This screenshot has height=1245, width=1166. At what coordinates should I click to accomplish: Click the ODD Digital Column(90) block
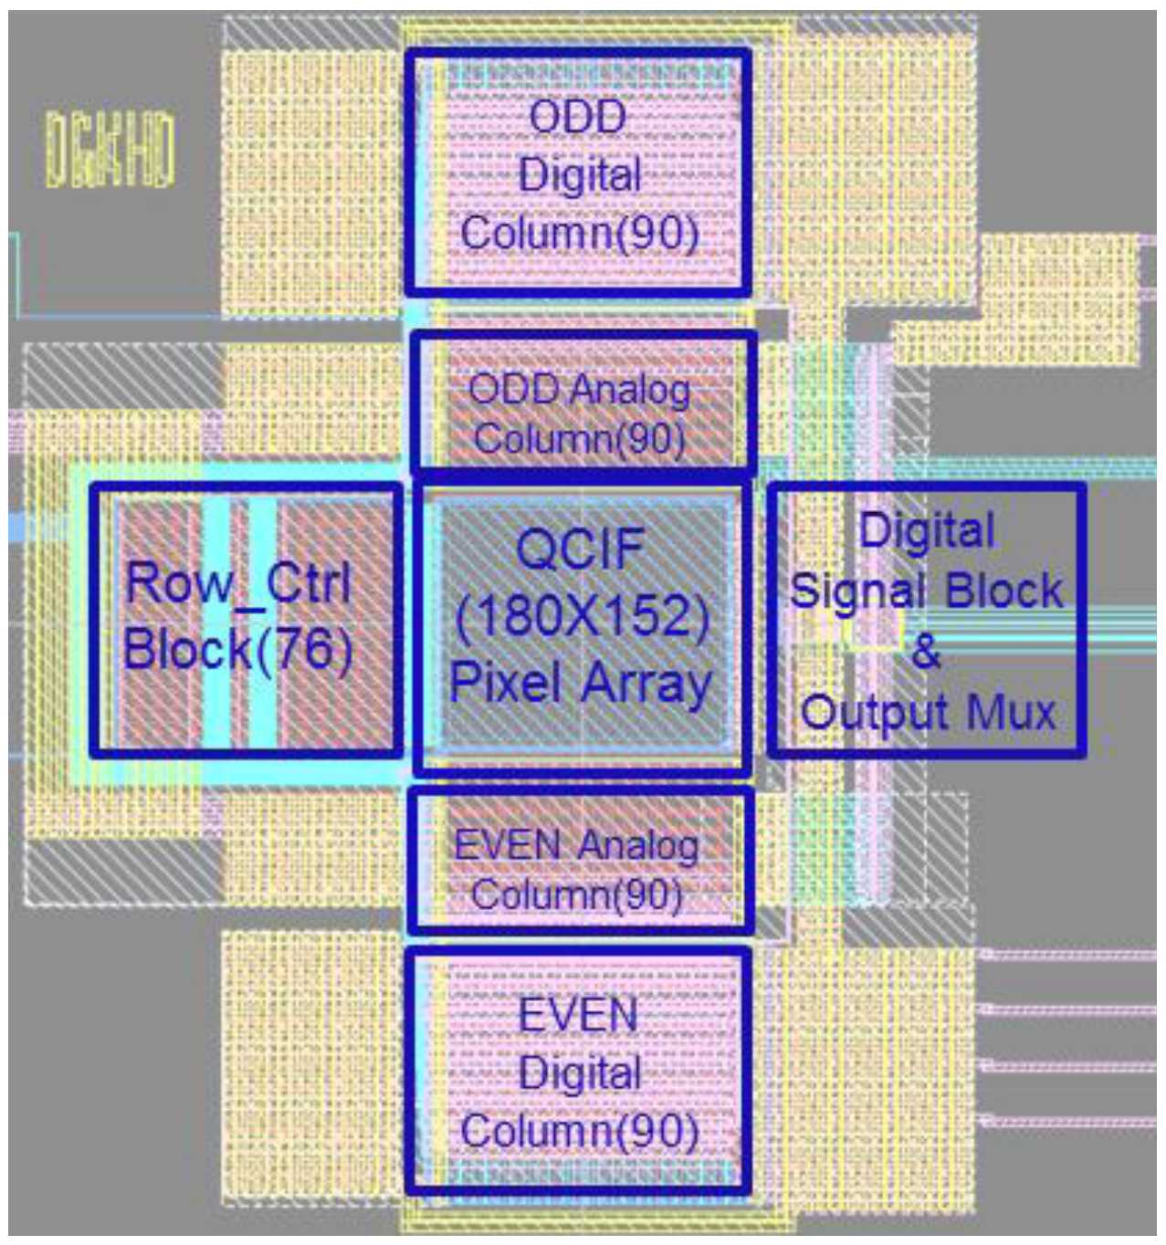coord(578,173)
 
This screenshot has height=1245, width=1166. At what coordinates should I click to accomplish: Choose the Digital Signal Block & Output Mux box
coord(928,621)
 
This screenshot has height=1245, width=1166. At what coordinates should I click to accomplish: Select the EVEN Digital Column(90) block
coord(579,1072)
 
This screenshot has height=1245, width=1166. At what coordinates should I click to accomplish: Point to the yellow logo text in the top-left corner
coord(110,150)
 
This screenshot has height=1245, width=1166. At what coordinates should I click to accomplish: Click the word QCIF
coord(580,549)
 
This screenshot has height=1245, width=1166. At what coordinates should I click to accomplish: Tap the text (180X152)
coord(582,617)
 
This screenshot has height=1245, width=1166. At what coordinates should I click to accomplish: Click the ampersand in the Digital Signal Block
coord(926,651)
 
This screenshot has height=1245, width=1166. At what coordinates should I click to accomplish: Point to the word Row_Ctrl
coord(238,582)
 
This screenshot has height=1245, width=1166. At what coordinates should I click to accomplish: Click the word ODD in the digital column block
coord(578,117)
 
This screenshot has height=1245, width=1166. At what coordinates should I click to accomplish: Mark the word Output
coord(877,712)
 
